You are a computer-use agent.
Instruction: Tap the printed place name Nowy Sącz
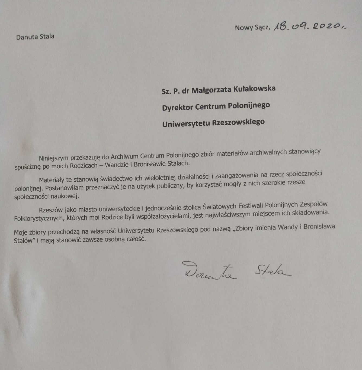252,28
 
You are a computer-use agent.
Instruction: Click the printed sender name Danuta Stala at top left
35,37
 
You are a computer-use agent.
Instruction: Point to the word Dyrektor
177,107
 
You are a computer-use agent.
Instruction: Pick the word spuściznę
28,167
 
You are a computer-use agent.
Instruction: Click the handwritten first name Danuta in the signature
208,271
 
